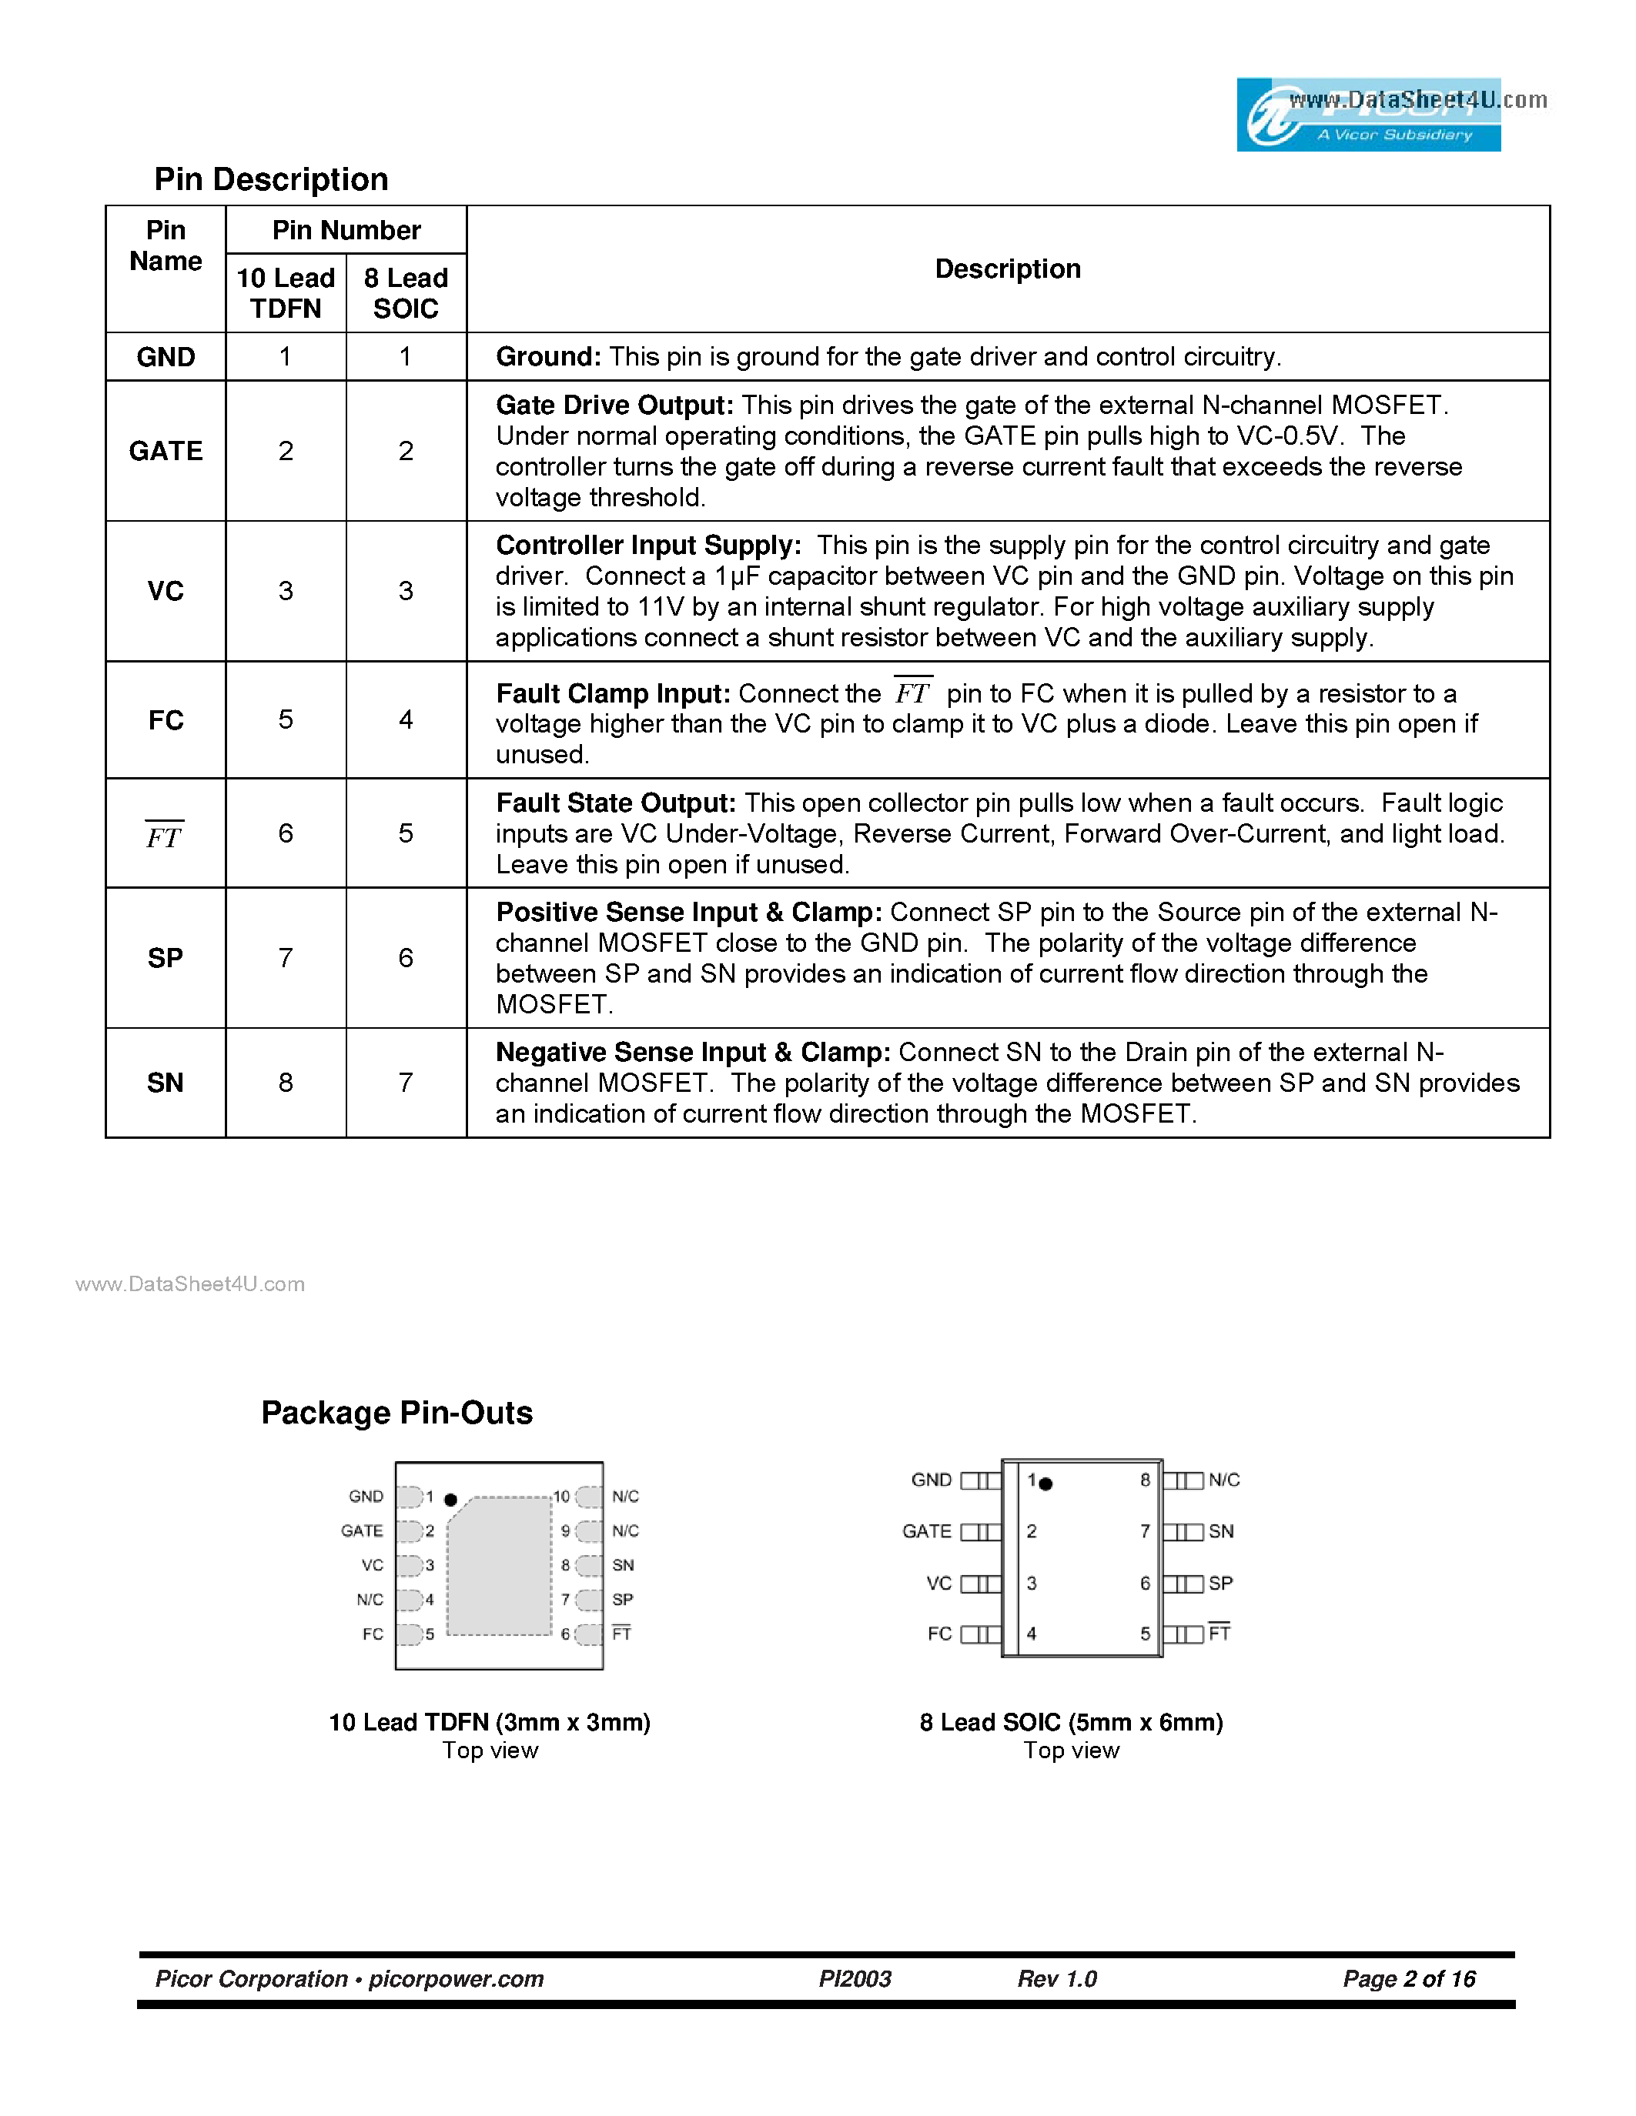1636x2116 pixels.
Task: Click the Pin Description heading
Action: click(271, 179)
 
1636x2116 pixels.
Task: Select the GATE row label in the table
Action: click(166, 451)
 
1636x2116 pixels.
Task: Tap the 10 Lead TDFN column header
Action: click(286, 292)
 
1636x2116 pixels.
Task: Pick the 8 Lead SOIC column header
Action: click(406, 292)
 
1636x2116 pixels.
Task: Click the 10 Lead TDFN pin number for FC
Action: click(286, 719)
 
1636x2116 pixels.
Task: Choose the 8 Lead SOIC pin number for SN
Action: click(406, 1082)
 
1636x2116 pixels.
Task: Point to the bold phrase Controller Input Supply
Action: click(648, 546)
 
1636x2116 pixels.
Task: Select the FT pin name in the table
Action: click(165, 835)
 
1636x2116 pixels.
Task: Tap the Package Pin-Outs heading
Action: click(396, 1413)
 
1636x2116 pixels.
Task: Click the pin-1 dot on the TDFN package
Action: click(450, 1500)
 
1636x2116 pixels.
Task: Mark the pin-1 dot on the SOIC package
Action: click(1046, 1484)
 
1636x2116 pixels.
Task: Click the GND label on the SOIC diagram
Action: click(932, 1480)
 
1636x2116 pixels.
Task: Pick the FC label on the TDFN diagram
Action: click(373, 1634)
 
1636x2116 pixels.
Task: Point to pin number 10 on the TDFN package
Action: click(561, 1497)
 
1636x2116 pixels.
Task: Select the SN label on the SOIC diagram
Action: click(1221, 1530)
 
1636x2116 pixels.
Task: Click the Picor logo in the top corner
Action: click(1369, 115)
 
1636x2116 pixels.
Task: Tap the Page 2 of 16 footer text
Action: click(1409, 1978)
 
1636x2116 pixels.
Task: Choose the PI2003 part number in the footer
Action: click(855, 1978)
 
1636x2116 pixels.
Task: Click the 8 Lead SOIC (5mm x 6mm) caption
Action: click(1071, 1722)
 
